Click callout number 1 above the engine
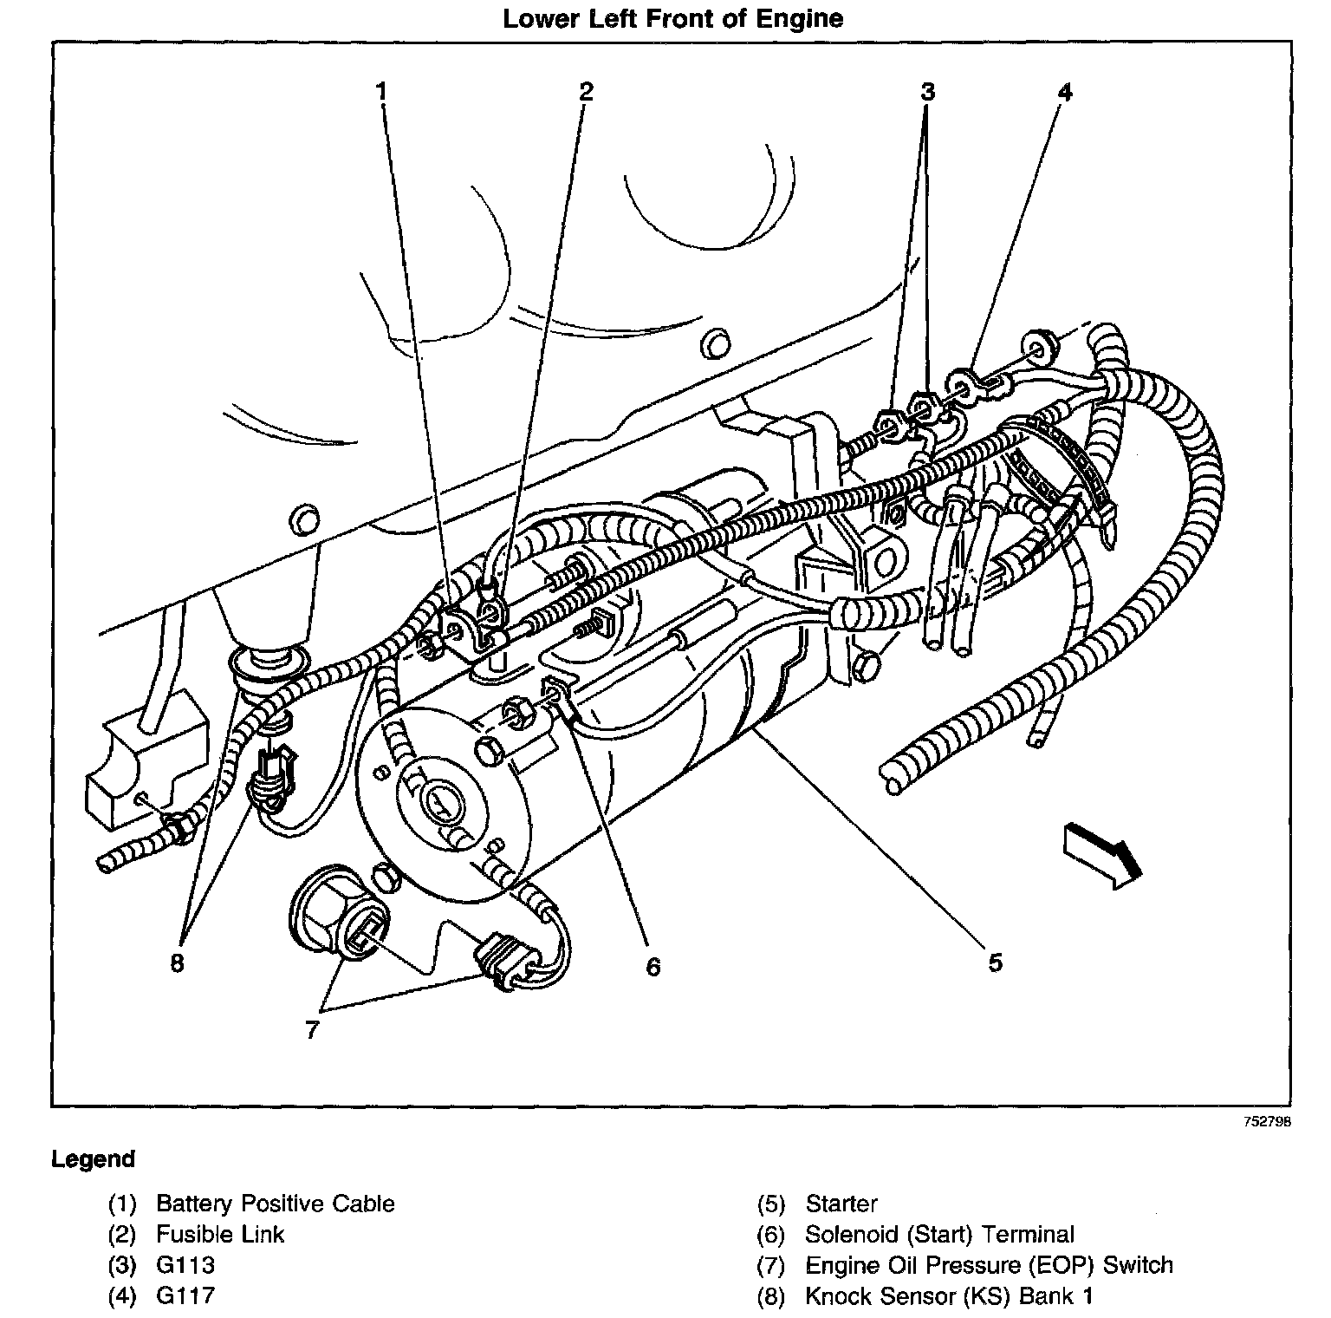click(x=382, y=91)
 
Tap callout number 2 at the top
click(x=586, y=91)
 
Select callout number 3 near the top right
click(x=927, y=91)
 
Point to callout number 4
click(x=1064, y=91)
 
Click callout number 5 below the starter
click(x=995, y=962)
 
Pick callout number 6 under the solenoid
click(x=653, y=966)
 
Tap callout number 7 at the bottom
click(x=312, y=1029)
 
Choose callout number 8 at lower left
click(x=177, y=964)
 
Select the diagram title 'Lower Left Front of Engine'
click(x=672, y=19)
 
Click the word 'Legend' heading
click(x=94, y=1159)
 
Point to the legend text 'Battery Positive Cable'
click(x=275, y=1204)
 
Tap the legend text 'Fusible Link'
click(x=220, y=1234)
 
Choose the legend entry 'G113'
click(x=185, y=1265)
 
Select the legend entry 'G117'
click(x=185, y=1296)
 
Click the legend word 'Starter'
click(x=841, y=1204)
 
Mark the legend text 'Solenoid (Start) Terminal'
click(x=939, y=1234)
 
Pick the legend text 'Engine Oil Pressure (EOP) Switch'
click(x=989, y=1265)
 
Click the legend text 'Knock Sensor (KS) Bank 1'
click(x=949, y=1296)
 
